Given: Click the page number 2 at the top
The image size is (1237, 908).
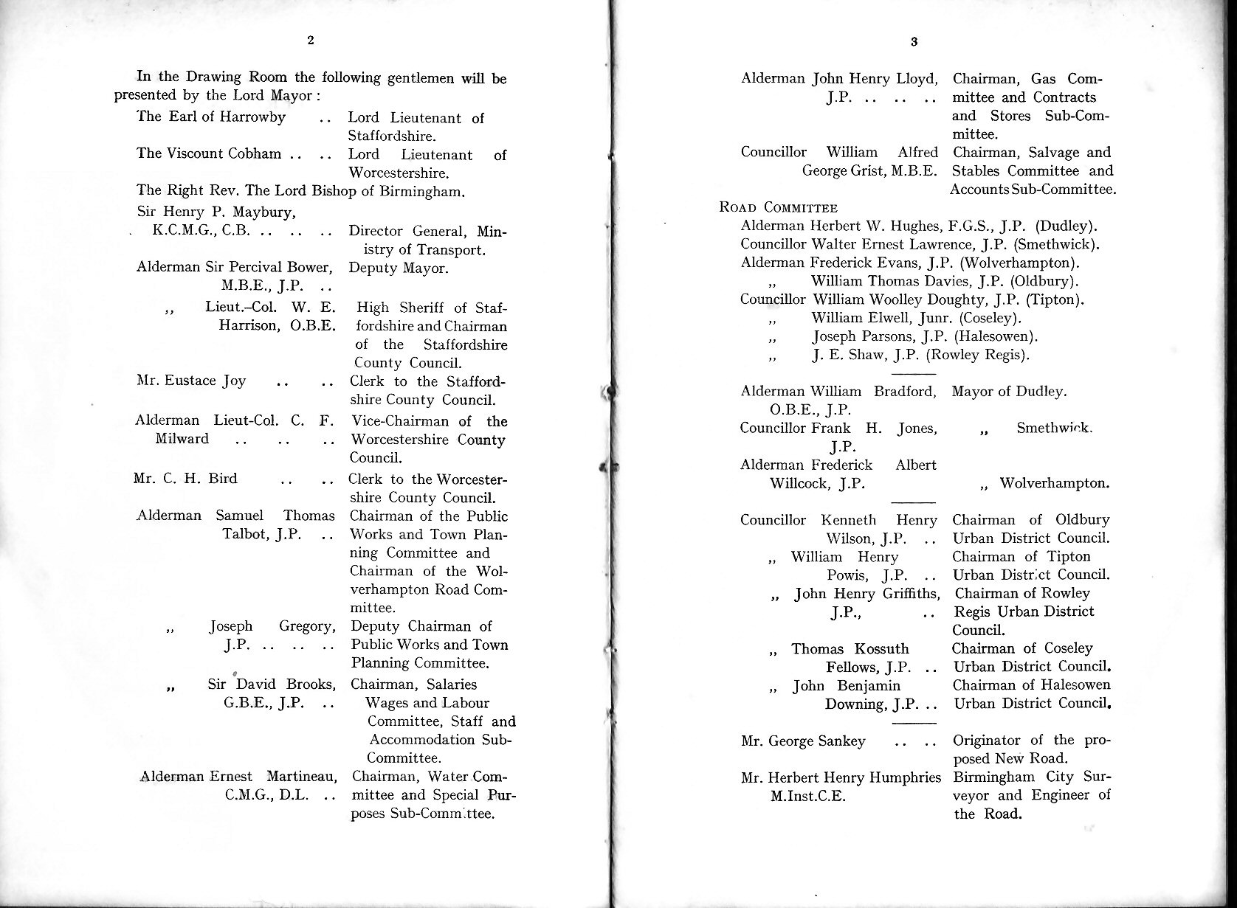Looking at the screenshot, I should coord(311,41).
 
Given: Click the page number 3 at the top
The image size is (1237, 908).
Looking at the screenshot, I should coord(914,42).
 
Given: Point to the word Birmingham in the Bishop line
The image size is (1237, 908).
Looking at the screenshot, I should coord(422,193).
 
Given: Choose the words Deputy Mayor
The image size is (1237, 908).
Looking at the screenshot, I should coord(398,268).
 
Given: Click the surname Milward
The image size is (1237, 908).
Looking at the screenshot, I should coord(182,439).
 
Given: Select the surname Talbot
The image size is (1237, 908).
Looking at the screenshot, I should coord(246,534).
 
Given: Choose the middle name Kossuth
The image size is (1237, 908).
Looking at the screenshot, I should coord(881,649).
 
